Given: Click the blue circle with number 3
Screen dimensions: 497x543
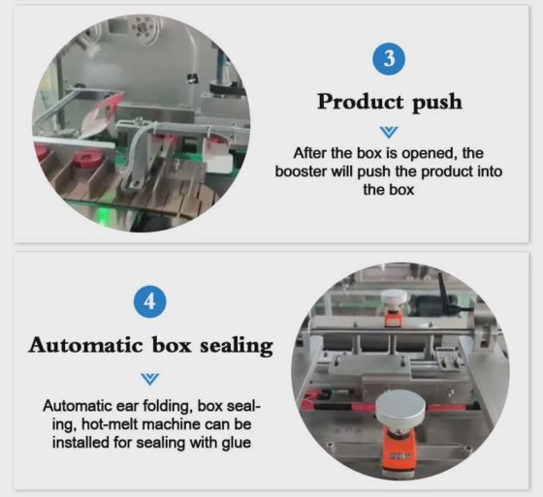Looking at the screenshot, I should tap(389, 58).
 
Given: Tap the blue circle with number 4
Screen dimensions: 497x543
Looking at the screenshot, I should tap(149, 301).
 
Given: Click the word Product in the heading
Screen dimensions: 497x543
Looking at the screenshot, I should tap(355, 102).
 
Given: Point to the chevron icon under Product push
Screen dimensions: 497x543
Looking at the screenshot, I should tap(389, 130).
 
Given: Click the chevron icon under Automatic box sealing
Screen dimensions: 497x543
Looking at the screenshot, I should tap(149, 377).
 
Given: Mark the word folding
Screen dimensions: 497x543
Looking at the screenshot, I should tap(157, 406).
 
